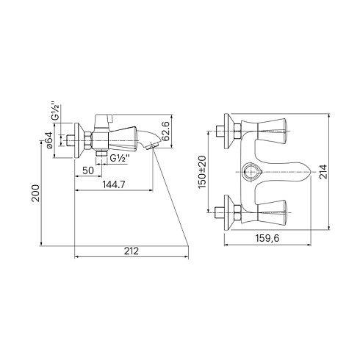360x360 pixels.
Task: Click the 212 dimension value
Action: coord(132,251)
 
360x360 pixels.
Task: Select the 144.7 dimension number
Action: coord(114,184)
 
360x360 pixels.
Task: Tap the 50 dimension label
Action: coord(88,170)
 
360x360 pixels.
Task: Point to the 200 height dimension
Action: coord(36,193)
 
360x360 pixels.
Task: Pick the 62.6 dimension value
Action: coord(166,131)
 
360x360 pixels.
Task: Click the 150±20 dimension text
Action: coord(202,172)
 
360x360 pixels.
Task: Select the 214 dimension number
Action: coord(324,172)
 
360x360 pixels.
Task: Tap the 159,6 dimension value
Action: coord(267,238)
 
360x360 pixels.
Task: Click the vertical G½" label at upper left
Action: coord(56,111)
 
